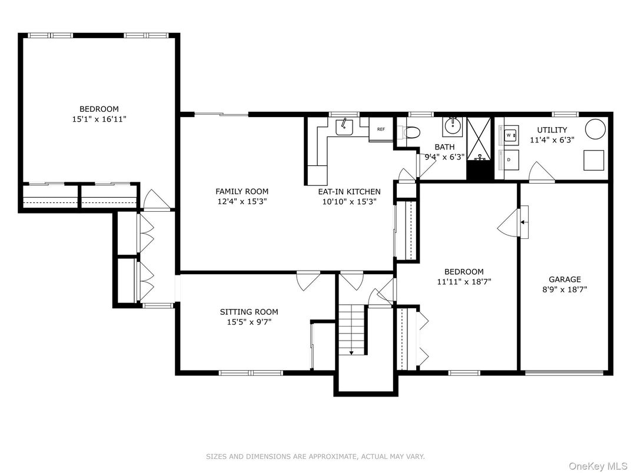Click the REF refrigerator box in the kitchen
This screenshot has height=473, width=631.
click(x=380, y=129)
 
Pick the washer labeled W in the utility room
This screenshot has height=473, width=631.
click(x=509, y=135)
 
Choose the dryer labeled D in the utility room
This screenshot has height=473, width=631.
click(x=509, y=159)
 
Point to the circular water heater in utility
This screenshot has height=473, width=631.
click(x=595, y=129)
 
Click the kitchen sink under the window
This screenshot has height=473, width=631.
click(x=343, y=127)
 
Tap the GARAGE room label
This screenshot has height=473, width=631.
click(x=564, y=279)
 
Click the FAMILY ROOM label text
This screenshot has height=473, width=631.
click(x=241, y=191)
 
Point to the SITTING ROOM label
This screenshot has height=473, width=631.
click(x=249, y=312)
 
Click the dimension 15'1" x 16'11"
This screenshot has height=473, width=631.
click(x=99, y=119)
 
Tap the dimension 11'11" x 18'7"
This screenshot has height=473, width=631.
click(x=464, y=281)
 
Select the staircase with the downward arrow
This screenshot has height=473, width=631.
click(x=352, y=329)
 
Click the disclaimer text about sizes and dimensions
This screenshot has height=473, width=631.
click(x=315, y=457)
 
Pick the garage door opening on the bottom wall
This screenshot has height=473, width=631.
click(x=564, y=372)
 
